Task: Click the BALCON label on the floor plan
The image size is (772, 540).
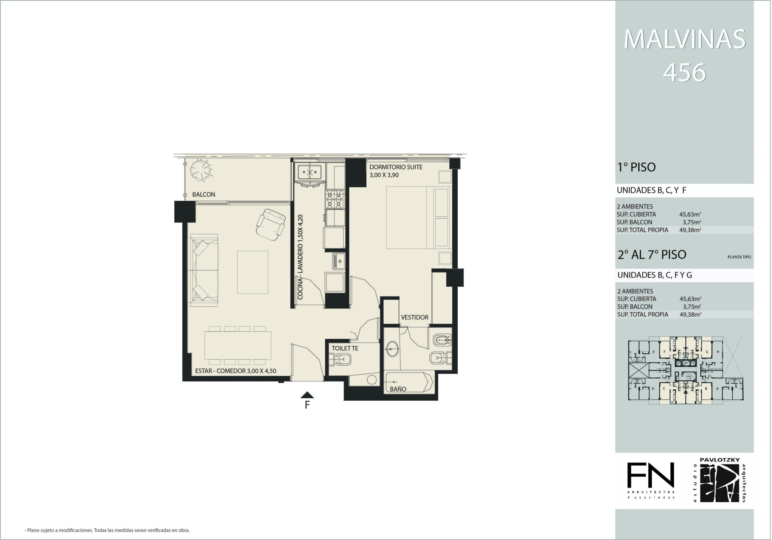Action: click(x=204, y=195)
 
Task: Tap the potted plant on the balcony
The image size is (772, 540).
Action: click(x=201, y=170)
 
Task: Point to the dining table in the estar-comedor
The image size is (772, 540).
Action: click(x=238, y=345)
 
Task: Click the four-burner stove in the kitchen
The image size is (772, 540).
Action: click(x=334, y=199)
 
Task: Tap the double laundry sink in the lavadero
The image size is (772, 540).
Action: click(x=309, y=172)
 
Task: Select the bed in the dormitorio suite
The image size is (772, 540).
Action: click(x=418, y=218)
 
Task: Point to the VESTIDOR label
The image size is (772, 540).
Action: click(x=415, y=317)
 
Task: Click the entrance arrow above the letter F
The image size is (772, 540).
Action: click(x=307, y=395)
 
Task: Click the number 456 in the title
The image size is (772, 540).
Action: click(x=684, y=73)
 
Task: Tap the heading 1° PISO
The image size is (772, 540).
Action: click(x=637, y=167)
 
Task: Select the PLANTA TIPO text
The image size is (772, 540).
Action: click(x=739, y=257)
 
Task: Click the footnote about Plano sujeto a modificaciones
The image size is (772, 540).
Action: click(x=107, y=530)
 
